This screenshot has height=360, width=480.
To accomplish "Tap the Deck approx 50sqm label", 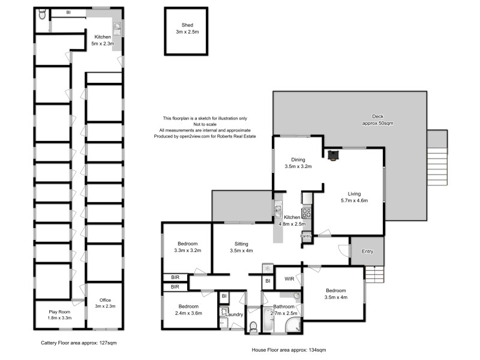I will click(377, 119).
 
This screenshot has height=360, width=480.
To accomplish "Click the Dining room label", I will click(298, 163).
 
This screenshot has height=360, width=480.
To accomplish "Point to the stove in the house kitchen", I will click(306, 211).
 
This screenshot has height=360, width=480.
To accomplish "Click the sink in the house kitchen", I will click(278, 211).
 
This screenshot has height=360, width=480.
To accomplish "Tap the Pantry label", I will click(306, 236).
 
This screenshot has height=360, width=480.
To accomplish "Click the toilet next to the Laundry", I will click(253, 325).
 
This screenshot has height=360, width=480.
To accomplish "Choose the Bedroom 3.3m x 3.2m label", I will click(187, 247).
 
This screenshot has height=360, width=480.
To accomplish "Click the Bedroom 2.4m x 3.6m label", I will click(188, 310).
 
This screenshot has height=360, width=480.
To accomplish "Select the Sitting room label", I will click(241, 247).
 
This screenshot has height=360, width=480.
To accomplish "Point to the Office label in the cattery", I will click(104, 303).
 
